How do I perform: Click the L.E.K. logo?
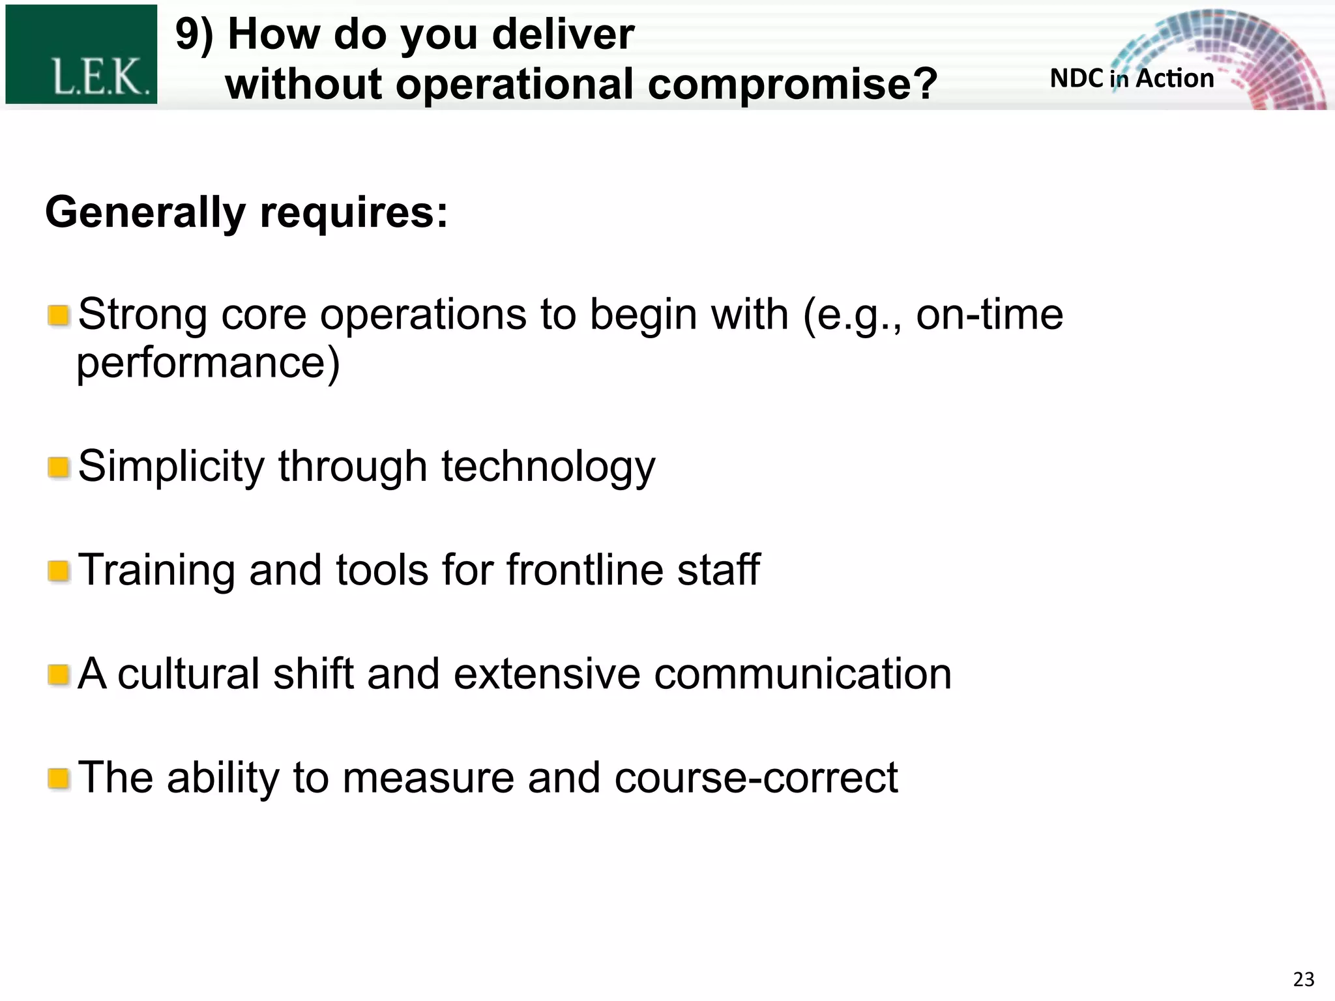pos(81,55)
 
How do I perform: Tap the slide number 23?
pos(1303,979)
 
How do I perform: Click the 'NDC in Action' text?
pos(1132,79)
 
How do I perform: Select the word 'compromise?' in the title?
pos(793,85)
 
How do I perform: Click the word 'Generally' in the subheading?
pos(145,213)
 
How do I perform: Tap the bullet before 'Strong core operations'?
pos(59,317)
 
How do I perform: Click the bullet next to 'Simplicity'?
pos(59,468)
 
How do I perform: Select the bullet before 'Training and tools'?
pos(59,572)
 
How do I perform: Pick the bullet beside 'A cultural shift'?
pos(59,675)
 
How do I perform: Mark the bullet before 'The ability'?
pos(59,779)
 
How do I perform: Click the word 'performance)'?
pos(208,364)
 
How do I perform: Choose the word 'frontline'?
pos(585,570)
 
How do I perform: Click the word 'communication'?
pos(802,674)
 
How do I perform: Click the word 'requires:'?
pos(354,213)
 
